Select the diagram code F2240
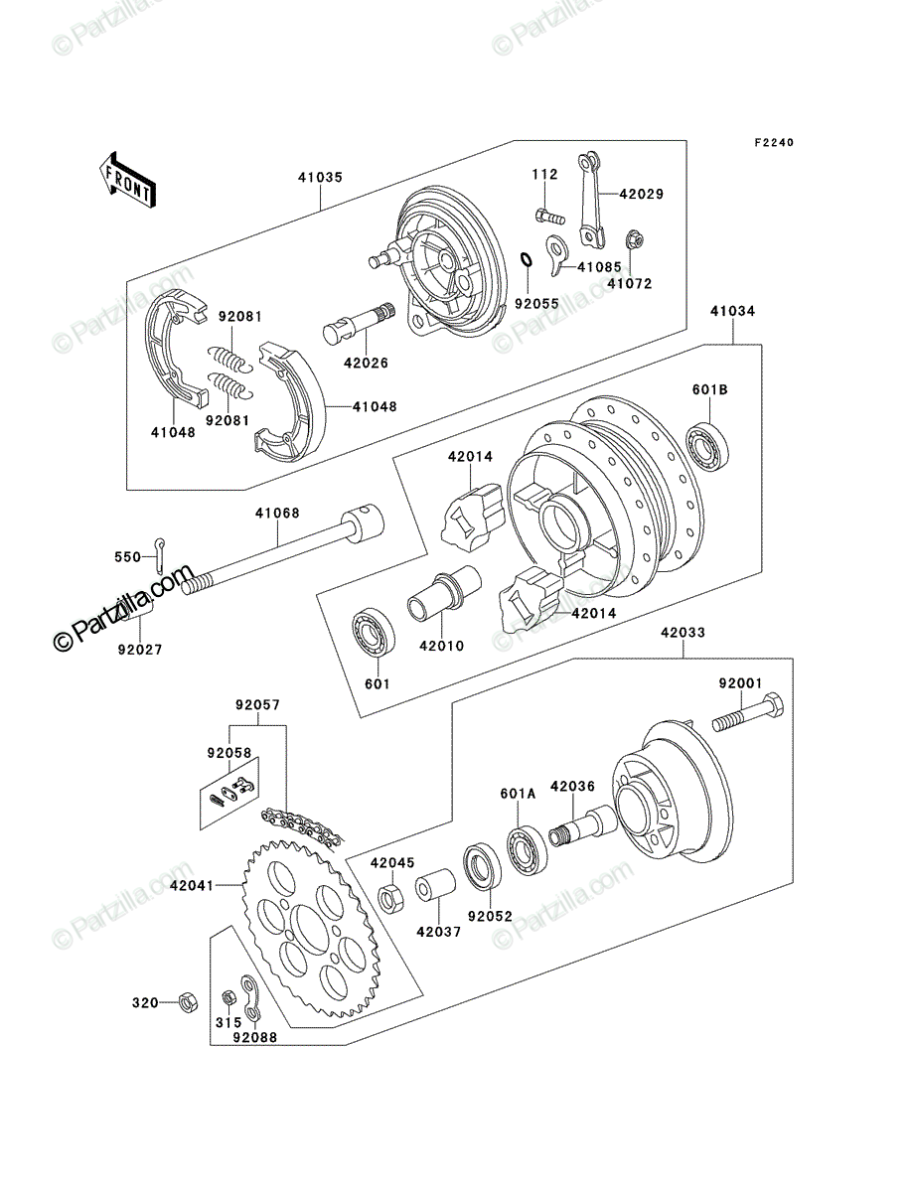(774, 143)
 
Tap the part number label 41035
(320, 178)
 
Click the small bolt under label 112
(549, 217)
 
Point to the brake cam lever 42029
(591, 200)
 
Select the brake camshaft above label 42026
(359, 323)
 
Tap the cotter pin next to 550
(159, 554)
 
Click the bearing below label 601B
(708, 446)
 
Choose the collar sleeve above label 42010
(444, 594)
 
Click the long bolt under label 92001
(748, 712)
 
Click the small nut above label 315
(228, 997)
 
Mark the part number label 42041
(192, 886)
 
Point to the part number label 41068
(277, 514)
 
